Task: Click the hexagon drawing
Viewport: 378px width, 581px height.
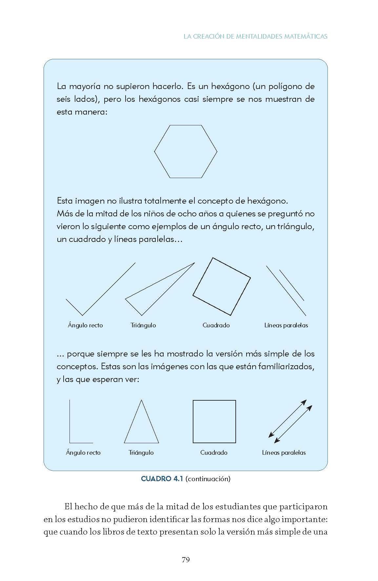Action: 186,152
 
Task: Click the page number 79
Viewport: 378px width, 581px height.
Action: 186,559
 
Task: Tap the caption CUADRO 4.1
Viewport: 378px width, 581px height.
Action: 161,479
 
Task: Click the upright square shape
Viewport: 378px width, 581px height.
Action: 214,421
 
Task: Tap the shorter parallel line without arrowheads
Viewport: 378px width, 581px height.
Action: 291,285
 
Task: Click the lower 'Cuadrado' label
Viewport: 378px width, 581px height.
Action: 214,453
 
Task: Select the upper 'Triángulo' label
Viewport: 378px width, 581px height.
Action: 143,325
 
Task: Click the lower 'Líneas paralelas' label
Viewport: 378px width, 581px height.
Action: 284,453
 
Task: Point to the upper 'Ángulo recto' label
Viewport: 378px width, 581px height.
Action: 85,325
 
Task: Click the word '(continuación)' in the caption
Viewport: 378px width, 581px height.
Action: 208,479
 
